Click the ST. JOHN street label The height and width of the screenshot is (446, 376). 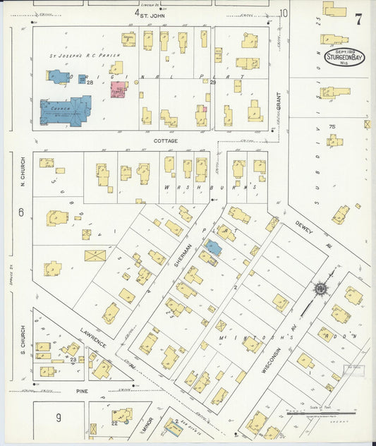(152, 14)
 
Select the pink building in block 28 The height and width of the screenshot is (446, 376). (118, 90)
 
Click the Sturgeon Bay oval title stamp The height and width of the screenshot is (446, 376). (345, 57)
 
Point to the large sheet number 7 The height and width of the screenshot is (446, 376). (358, 20)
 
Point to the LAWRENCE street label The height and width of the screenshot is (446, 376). (92, 337)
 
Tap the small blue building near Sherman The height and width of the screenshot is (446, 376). (213, 248)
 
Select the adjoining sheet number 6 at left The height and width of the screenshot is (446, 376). (21, 212)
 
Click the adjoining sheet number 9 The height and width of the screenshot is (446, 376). (59, 418)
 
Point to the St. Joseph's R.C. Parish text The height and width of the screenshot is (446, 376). (84, 55)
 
